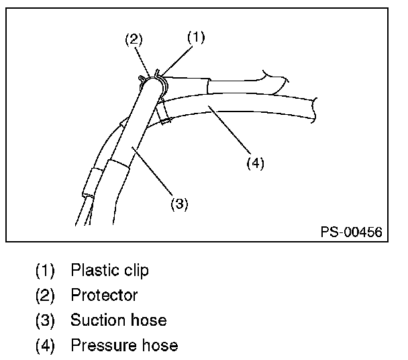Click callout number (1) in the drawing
[195, 38]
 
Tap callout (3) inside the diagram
[178, 204]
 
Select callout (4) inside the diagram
[254, 163]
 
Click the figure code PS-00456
[351, 232]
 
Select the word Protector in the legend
[104, 296]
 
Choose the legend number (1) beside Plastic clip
[45, 271]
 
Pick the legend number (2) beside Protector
[45, 296]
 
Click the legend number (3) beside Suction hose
[45, 320]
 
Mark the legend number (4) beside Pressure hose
[45, 346]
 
